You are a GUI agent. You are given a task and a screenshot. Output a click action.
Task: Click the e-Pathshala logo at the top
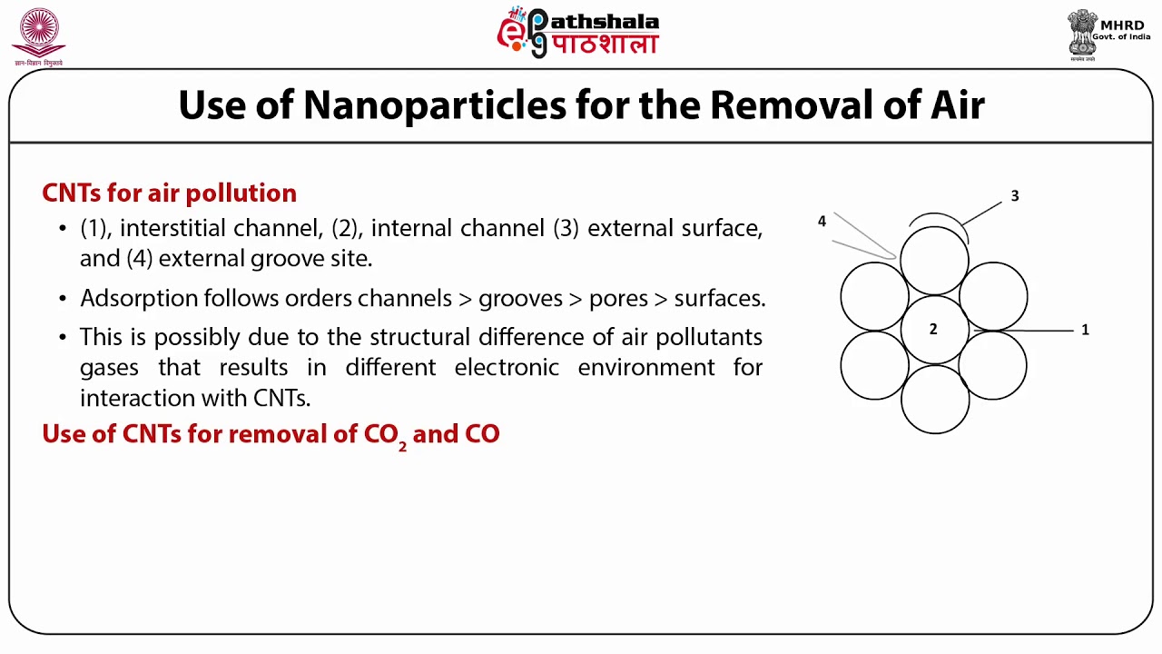[x=577, y=33]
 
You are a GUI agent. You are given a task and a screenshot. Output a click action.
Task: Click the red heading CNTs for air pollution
[x=169, y=193]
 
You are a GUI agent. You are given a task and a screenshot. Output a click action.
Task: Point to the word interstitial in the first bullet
[x=173, y=228]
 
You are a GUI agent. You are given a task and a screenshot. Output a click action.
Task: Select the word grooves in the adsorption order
[x=517, y=298]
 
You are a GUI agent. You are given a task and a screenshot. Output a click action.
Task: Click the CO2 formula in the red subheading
[x=385, y=434]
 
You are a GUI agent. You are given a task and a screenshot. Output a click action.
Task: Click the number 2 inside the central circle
[x=932, y=329]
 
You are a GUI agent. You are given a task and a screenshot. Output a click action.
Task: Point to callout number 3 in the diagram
[x=1015, y=196]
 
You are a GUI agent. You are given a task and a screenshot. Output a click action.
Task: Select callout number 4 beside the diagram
[x=822, y=221]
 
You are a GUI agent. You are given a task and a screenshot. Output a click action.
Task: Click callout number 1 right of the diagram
[x=1085, y=330]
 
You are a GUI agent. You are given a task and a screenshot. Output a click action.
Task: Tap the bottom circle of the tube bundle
[x=934, y=400]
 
